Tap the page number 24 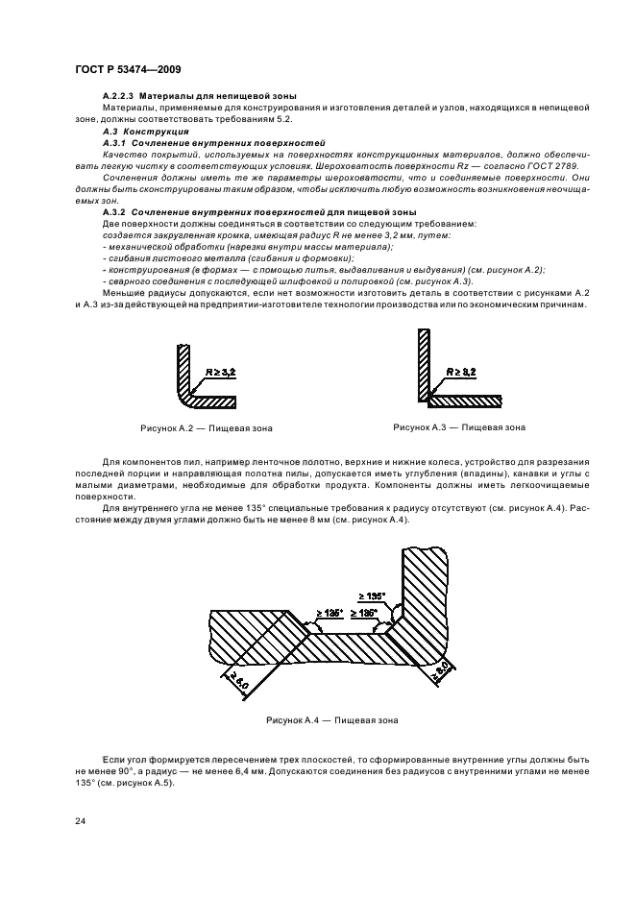coord(80,822)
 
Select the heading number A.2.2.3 coord(119,97)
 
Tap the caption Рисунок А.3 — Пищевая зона coord(459,426)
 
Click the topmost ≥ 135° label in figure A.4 coord(371,595)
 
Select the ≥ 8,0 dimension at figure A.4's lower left coord(234,684)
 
